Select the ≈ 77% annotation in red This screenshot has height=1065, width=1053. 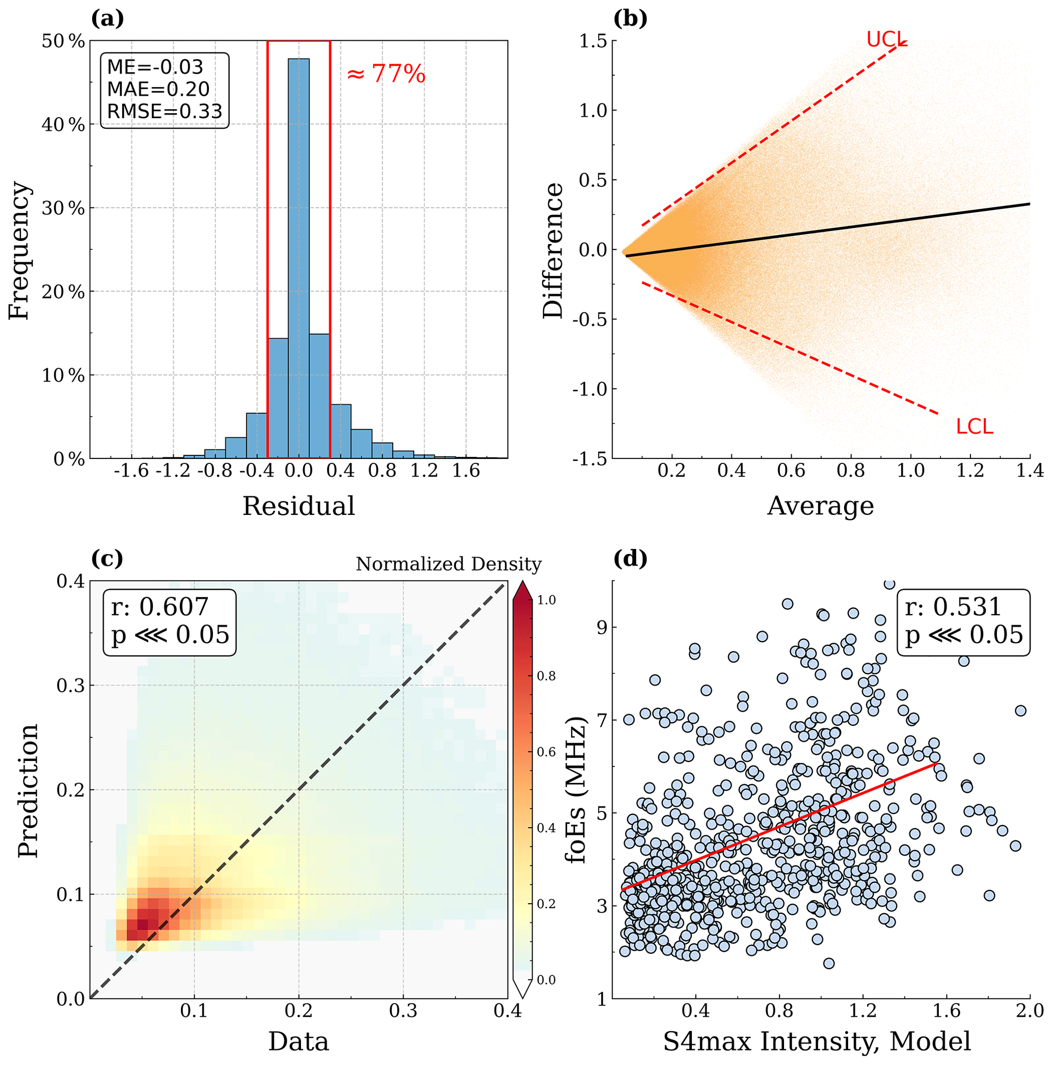pos(386,74)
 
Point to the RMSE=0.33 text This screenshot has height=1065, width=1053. pos(164,112)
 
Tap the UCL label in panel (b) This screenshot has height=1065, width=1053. pos(885,39)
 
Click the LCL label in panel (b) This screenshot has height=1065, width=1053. pos(974,427)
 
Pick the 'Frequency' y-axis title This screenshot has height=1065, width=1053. pos(19,250)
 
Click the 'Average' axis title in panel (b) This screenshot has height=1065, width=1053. pos(820,506)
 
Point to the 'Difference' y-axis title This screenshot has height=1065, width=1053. pos(553,250)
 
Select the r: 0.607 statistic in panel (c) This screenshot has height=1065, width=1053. pos(160,607)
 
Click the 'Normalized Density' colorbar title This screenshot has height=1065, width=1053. pos(448,564)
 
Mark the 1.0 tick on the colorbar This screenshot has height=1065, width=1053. pos(546,600)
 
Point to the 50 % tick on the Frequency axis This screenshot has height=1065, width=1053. pos(63,41)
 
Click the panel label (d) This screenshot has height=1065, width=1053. pos(630,559)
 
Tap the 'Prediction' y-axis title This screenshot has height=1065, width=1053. pos(28,790)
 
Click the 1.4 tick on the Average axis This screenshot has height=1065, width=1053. pos(1029,471)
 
